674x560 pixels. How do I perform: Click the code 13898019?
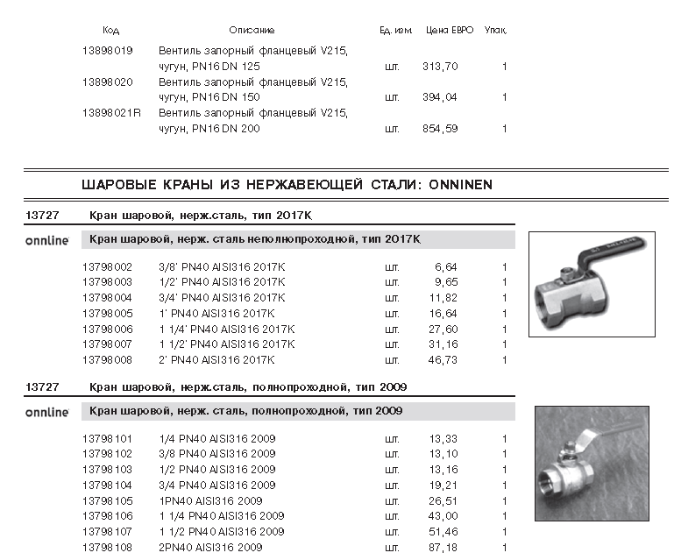point(107,51)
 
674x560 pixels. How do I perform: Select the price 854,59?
point(440,129)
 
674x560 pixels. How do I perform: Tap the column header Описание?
point(252,31)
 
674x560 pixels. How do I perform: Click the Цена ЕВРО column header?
point(450,31)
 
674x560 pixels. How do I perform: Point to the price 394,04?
point(440,97)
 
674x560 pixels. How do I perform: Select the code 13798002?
point(107,266)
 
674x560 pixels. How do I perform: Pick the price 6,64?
point(446,266)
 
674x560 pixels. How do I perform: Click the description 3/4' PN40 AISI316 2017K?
point(222,298)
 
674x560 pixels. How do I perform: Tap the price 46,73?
point(443,360)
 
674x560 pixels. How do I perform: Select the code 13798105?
point(107,500)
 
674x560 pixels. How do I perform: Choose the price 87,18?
point(443,548)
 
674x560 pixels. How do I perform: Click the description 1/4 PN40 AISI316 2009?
point(216,438)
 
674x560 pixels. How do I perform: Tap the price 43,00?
point(443,516)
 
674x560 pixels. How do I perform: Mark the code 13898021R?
point(111,113)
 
